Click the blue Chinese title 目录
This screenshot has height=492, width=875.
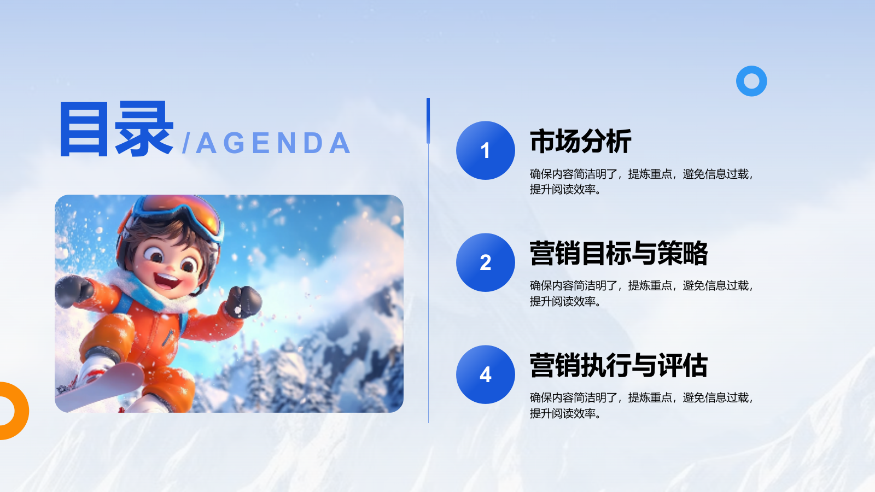116,129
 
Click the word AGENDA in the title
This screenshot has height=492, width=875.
273,143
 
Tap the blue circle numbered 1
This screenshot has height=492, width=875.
485,150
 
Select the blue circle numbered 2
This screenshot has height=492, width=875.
485,262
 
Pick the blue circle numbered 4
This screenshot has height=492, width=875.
485,374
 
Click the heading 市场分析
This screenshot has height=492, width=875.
580,141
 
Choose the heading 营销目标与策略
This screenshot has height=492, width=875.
619,253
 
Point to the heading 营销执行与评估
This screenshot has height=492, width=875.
619,365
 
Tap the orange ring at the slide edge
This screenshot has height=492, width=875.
24,411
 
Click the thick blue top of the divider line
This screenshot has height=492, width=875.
428,121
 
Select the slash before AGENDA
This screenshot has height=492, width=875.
186,143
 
